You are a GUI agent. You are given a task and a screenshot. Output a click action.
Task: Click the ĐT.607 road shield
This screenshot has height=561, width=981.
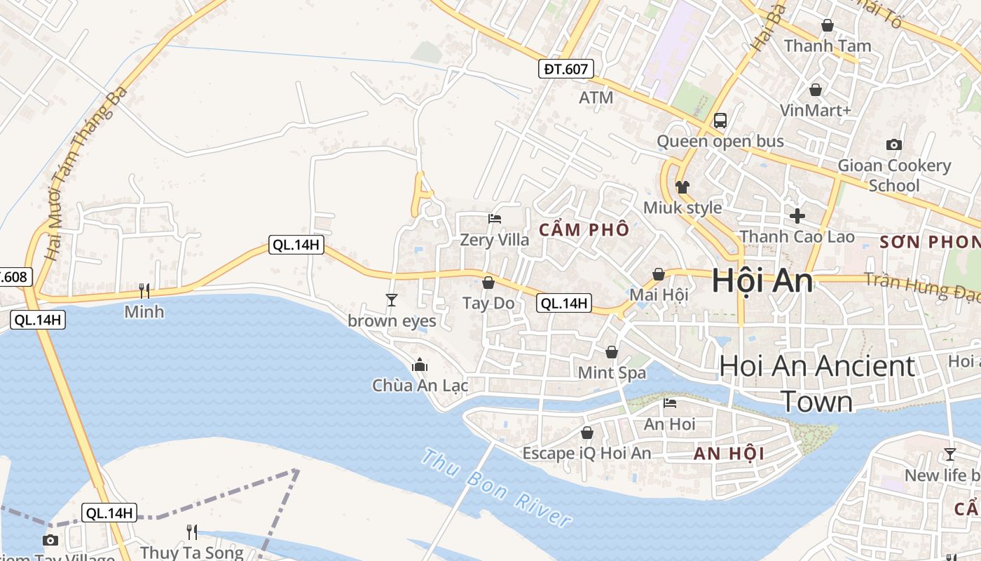[567, 68]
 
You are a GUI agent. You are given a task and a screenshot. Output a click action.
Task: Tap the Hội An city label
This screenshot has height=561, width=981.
[762, 280]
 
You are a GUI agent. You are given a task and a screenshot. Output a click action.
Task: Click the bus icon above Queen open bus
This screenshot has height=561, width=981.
[720, 120]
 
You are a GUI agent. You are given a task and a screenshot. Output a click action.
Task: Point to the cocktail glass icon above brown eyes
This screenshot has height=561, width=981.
[391, 300]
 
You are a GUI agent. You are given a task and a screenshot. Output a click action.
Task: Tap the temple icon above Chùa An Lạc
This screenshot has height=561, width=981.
[420, 365]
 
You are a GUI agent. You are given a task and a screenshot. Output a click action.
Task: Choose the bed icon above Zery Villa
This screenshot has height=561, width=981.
[495, 219]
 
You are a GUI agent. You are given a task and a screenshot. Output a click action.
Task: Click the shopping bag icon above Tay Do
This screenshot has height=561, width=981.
[488, 283]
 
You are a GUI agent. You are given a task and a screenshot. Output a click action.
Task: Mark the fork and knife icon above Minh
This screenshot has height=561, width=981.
[144, 290]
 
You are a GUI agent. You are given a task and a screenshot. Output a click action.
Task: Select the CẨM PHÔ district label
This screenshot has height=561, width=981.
[584, 229]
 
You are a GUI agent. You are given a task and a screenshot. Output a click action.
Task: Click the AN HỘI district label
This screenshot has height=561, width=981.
[729, 454]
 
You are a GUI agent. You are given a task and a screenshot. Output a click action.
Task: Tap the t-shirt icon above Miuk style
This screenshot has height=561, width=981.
[682, 187]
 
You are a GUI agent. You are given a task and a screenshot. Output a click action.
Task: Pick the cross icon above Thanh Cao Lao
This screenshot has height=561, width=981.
[797, 216]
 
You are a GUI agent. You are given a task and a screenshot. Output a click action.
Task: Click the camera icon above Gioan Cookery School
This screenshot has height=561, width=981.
[894, 144]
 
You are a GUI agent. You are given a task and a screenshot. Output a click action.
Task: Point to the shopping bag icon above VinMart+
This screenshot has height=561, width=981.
[816, 90]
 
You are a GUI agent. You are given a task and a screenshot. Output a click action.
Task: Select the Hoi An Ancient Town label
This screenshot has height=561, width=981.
[817, 384]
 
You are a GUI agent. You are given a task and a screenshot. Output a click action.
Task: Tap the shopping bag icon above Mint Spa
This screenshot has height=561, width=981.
[612, 352]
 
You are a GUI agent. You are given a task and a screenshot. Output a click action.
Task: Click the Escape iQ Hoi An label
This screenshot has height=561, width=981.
[586, 453]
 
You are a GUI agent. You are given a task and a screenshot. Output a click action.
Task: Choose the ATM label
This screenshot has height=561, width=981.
[596, 97]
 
